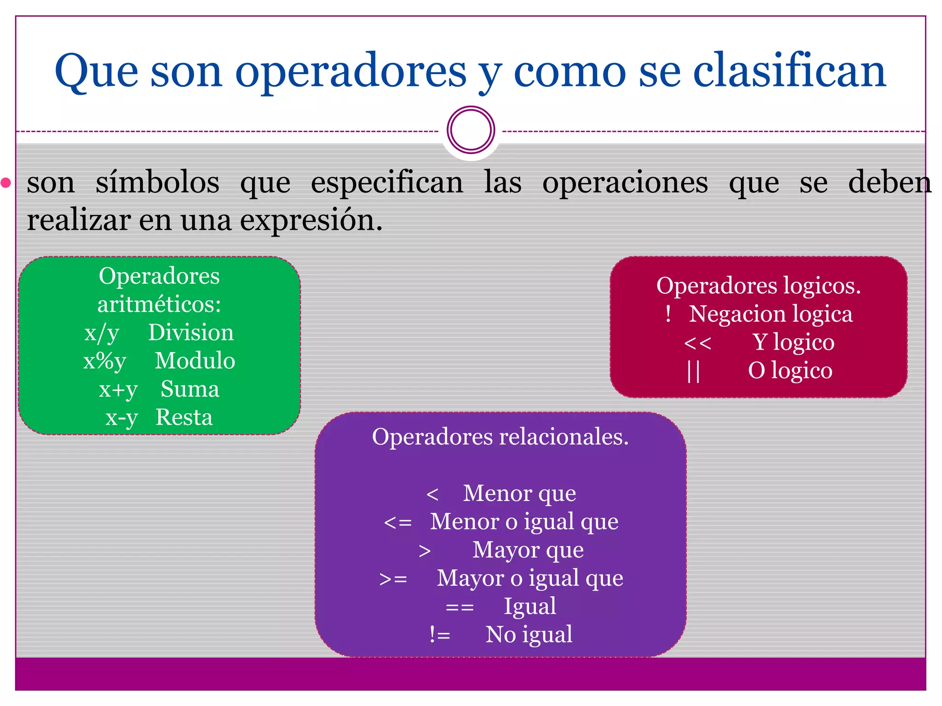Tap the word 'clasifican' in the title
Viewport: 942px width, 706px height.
click(789, 71)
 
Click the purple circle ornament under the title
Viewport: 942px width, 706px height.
click(471, 130)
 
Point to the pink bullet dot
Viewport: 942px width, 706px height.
click(6, 183)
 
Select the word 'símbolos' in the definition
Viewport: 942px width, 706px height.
click(157, 182)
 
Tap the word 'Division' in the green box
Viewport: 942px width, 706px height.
click(191, 332)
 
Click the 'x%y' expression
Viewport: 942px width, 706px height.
click(104, 361)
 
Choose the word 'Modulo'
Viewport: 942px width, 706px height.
click(195, 361)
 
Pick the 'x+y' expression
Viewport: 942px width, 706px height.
click(118, 390)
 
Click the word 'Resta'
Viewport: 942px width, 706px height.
click(184, 417)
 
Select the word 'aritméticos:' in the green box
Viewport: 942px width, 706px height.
click(159, 304)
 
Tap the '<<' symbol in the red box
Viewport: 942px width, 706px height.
click(697, 343)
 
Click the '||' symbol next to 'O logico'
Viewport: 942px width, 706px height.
click(693, 371)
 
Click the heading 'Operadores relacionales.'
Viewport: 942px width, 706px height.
click(500, 437)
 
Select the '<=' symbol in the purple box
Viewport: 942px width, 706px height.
click(397, 523)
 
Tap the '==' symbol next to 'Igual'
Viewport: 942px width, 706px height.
click(460, 607)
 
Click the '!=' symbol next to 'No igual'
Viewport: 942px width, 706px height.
click(439, 635)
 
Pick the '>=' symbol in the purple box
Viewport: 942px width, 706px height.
click(393, 579)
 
